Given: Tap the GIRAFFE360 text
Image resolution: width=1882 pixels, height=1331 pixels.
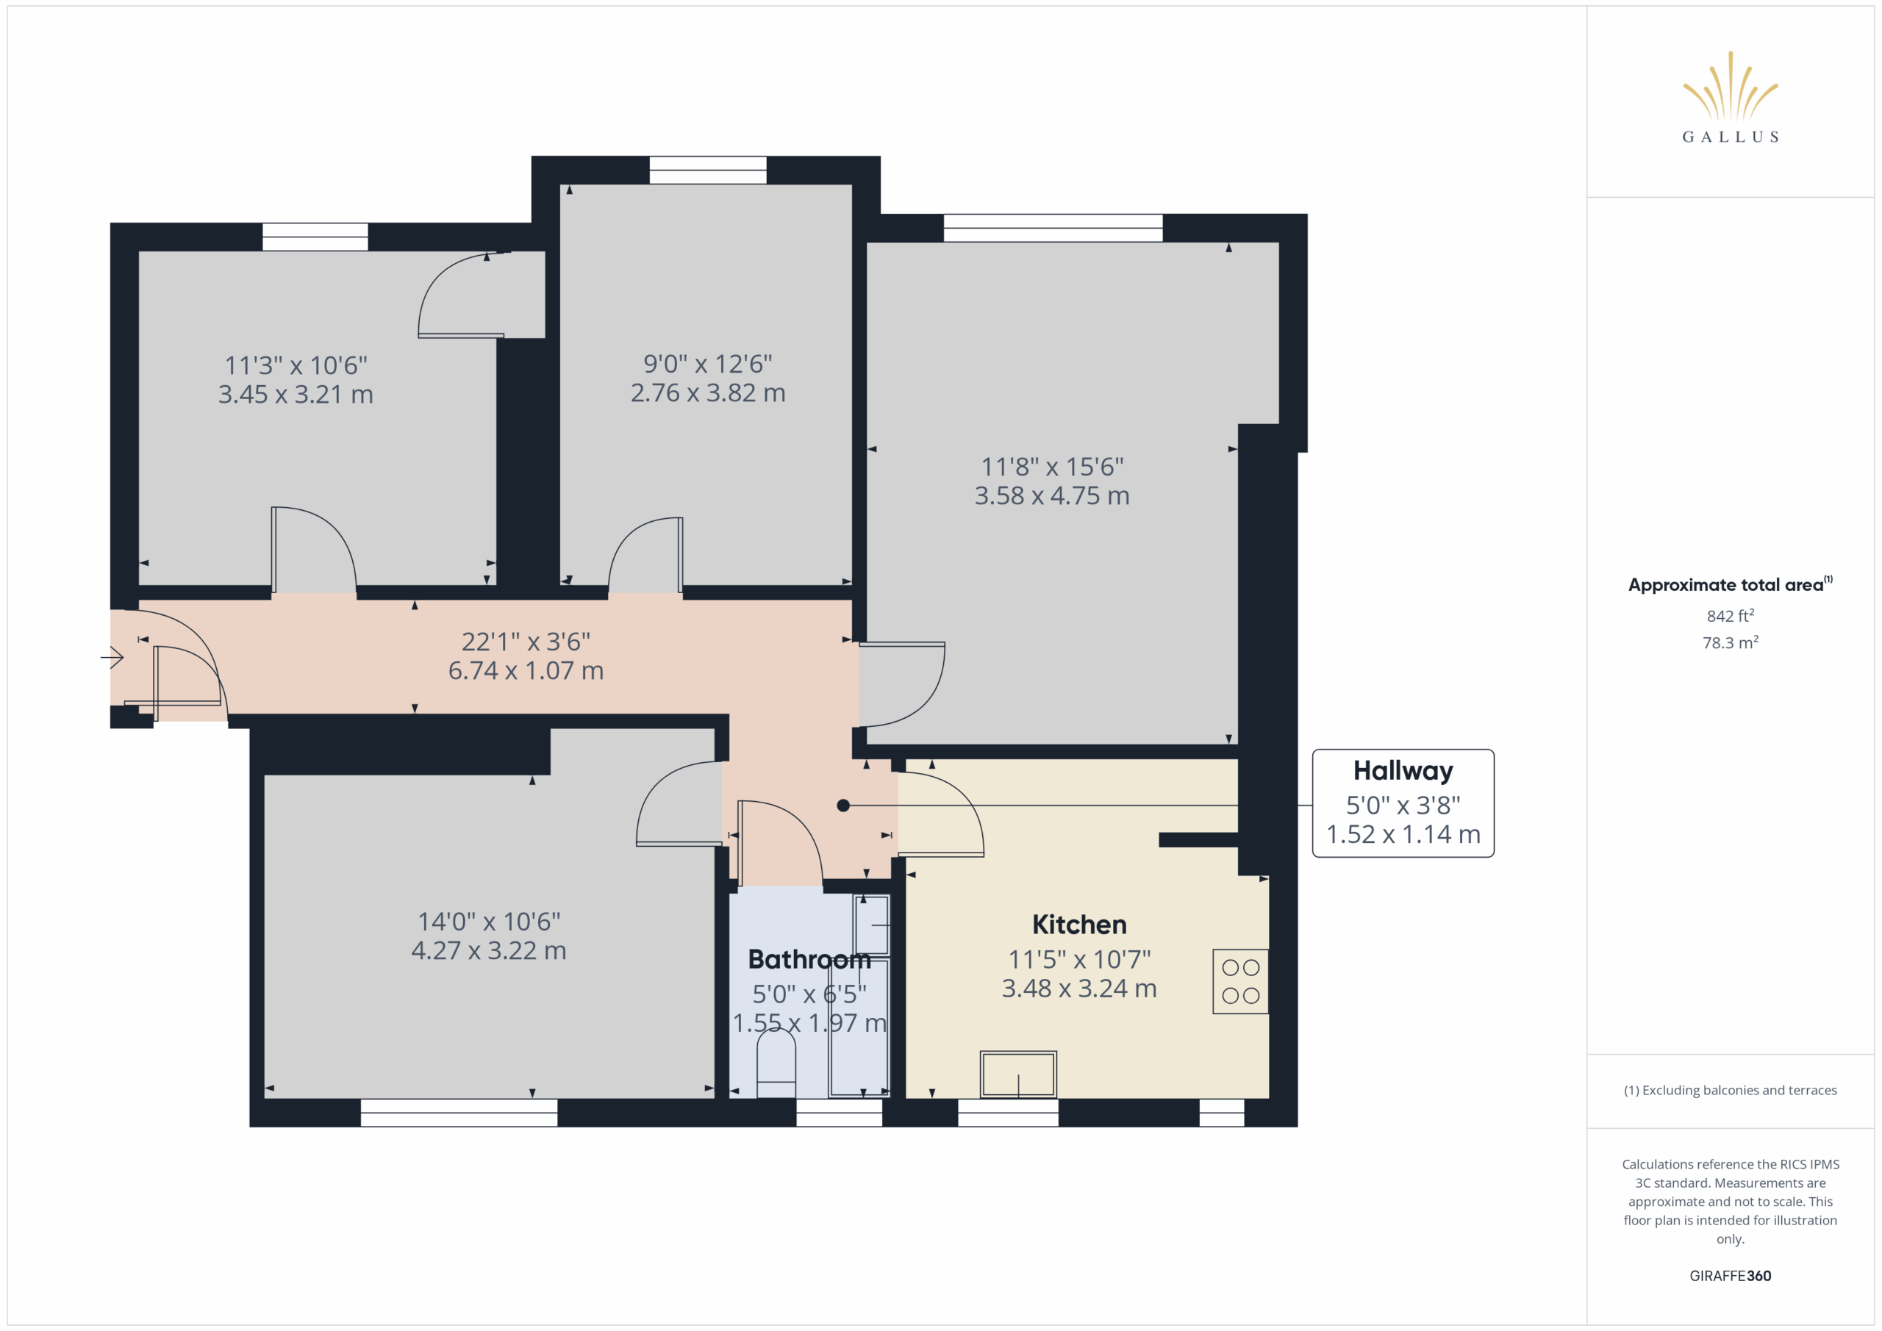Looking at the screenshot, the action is click(1730, 1275).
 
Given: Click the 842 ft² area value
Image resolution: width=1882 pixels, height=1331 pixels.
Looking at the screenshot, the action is click(1730, 615).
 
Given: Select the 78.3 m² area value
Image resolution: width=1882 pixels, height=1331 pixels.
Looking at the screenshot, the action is click(1730, 642).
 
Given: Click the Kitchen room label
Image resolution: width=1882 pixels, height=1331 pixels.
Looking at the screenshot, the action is click(1078, 925).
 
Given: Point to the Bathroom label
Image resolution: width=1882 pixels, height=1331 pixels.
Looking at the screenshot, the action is click(809, 959).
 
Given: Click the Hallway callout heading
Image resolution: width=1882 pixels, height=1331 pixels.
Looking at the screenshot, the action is click(1403, 770).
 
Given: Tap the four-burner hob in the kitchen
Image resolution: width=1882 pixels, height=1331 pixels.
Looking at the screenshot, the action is click(1240, 981).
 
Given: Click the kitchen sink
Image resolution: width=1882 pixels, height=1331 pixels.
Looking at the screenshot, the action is click(1018, 1074).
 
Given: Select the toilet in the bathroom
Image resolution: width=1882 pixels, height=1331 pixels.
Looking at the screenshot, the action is click(776, 1063).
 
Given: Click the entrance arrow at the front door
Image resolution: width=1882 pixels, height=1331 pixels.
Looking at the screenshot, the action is click(112, 656).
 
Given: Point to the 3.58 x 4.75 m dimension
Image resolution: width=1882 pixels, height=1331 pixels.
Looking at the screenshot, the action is click(1052, 496).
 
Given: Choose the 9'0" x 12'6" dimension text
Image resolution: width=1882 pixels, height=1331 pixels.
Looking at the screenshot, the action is click(707, 363).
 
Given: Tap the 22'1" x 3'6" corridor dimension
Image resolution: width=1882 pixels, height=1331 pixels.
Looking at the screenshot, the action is click(526, 641).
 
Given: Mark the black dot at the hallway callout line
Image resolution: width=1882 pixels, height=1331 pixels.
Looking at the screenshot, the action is click(842, 806).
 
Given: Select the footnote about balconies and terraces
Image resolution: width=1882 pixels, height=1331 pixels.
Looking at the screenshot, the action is click(1730, 1090).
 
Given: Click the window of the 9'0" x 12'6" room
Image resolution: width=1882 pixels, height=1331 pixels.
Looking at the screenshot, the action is click(707, 170).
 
